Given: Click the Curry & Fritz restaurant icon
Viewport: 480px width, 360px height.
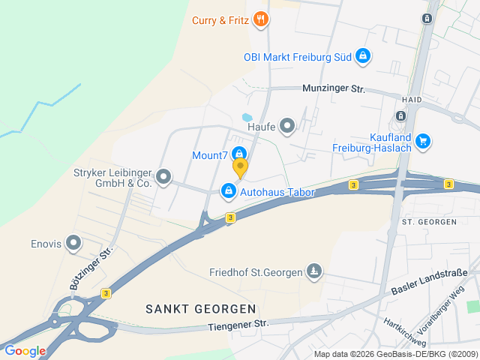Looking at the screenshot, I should coord(260,19).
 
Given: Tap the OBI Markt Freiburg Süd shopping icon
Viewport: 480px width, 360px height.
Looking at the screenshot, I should coord(362,56).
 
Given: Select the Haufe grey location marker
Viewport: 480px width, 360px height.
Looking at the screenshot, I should coord(287,127).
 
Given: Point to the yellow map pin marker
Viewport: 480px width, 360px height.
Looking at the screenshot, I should coord(240,167).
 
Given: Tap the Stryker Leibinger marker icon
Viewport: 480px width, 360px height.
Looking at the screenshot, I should coord(163,177).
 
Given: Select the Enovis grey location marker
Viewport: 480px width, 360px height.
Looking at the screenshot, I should coord(73,242).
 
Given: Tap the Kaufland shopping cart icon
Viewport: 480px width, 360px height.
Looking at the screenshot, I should coord(422,139).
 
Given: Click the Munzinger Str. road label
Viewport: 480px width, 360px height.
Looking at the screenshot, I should coord(333,88).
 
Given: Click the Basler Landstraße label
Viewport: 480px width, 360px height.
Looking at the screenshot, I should coord(429,281).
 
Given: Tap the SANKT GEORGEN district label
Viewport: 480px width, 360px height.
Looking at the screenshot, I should coord(200,308).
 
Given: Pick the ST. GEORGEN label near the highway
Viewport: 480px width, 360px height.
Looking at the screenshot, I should coord(429,222).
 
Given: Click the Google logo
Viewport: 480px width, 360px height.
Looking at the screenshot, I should coord(25,350).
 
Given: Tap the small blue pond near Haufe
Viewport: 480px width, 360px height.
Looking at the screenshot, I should coord(246,118).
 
